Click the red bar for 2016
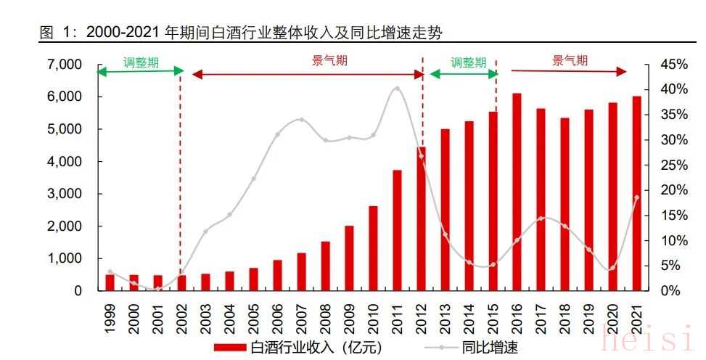517,192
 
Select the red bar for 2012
421,218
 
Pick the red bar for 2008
325,266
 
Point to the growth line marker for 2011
397,89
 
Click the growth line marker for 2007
301,120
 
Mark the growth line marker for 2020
612,268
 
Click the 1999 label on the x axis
110,318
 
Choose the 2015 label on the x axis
493,318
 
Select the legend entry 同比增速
479,348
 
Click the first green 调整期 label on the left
141,62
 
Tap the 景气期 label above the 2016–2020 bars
570,61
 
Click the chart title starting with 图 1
239,32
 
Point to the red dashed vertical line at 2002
180,181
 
